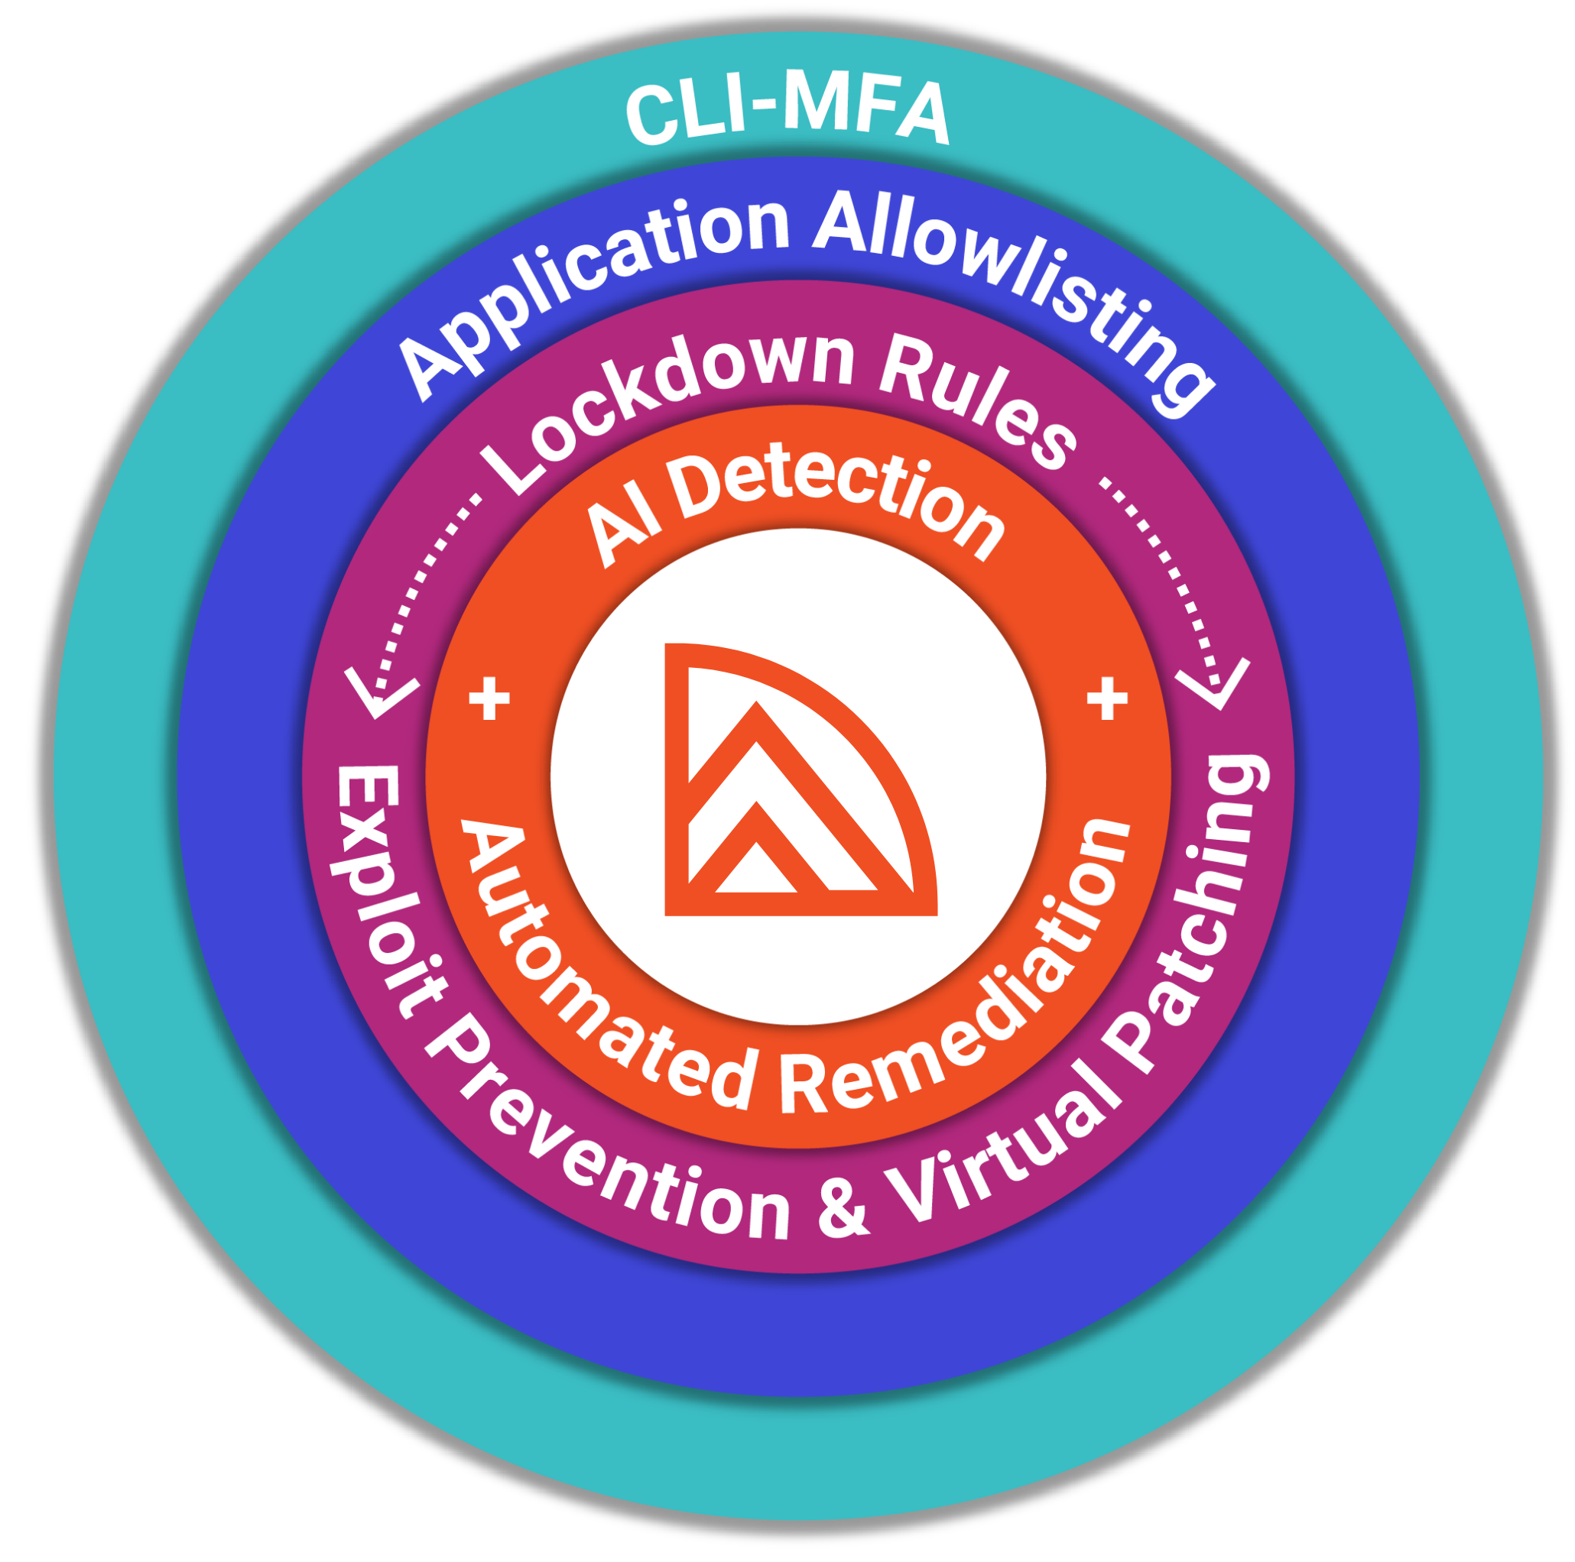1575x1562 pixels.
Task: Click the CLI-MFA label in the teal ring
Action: tap(787, 113)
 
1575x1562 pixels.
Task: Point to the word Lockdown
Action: tap(668, 407)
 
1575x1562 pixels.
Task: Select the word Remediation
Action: tap(962, 977)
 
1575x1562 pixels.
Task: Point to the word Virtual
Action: tap(1011, 1141)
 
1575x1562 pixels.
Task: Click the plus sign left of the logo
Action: tap(489, 698)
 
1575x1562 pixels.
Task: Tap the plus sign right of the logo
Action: tap(1107, 698)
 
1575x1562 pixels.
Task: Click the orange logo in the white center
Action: tap(800, 779)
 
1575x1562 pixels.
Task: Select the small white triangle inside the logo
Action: tap(756, 870)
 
